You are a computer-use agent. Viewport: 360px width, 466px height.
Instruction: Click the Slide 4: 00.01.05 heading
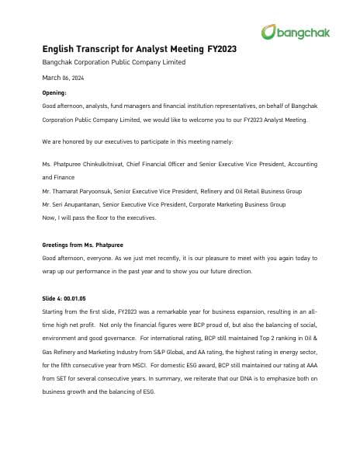click(x=66, y=298)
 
